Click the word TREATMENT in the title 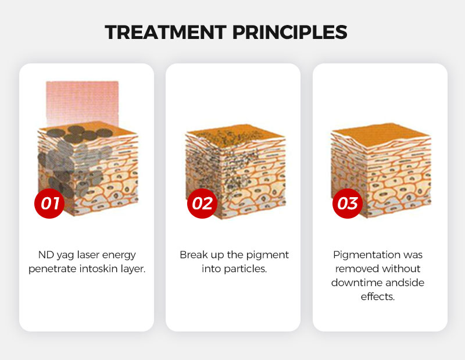click(166, 32)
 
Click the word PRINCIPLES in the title click(289, 32)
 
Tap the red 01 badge click(49, 204)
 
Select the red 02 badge click(202, 204)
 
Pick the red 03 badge click(348, 204)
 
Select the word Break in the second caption click(194, 255)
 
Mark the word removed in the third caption click(353, 269)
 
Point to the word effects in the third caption click(377, 296)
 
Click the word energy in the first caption click(119, 255)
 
